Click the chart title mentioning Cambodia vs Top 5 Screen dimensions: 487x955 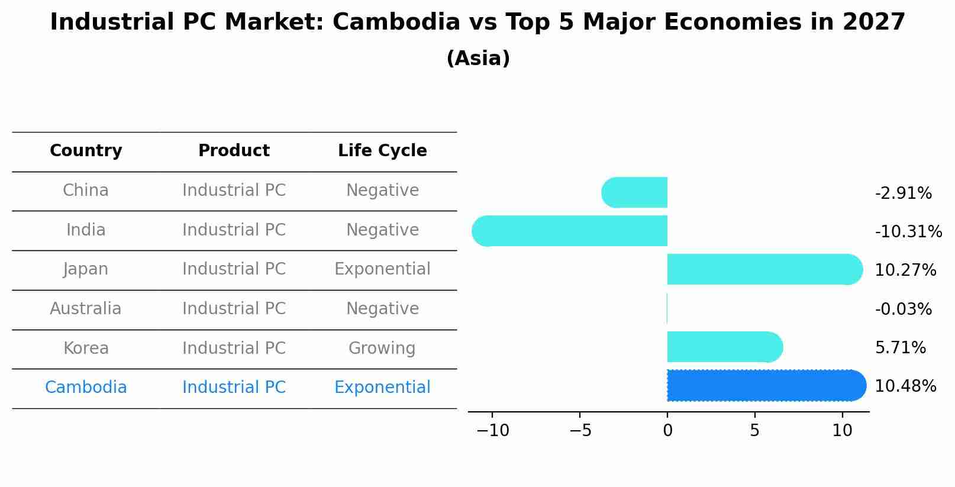(478, 22)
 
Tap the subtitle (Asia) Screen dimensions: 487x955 (478, 59)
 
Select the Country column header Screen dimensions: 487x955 (86, 151)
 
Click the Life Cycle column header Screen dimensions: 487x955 (382, 151)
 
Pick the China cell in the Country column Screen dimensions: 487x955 (86, 191)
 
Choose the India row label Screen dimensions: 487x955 (86, 230)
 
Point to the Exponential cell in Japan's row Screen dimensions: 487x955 (382, 269)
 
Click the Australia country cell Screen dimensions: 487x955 (86, 309)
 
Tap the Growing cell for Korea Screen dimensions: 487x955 (382, 348)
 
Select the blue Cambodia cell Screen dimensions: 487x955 (86, 388)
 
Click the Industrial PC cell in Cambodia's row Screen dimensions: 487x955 (234, 388)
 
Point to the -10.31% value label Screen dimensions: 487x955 (908, 232)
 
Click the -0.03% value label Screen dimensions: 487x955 (903, 309)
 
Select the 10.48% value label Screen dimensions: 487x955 (905, 386)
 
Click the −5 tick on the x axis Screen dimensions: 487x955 (580, 431)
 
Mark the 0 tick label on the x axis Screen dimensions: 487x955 (667, 431)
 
